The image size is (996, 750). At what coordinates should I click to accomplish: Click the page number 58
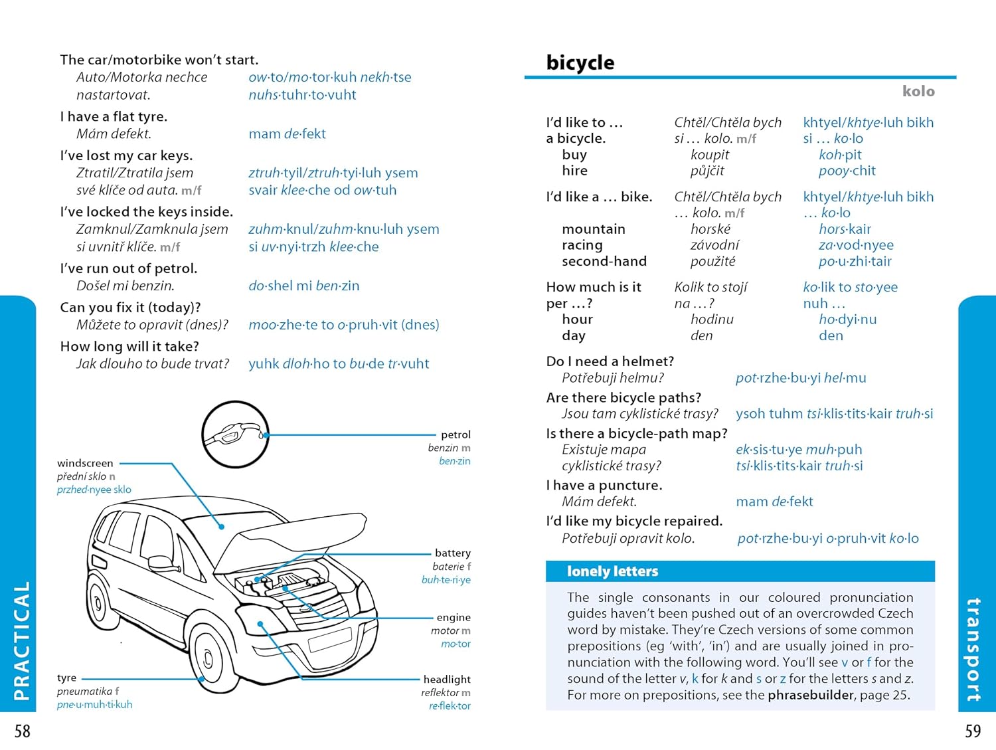pos(23,731)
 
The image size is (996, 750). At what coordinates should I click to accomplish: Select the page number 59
pos(973,731)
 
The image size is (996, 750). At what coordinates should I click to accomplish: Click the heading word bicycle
pos(580,62)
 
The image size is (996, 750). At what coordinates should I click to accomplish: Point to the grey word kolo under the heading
pos(918,91)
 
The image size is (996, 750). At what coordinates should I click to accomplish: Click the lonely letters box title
pos(612,571)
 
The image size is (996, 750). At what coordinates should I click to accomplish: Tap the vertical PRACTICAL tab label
pos(22,640)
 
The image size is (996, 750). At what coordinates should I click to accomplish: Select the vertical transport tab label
pos(973,650)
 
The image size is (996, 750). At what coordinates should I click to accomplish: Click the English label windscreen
pos(85,463)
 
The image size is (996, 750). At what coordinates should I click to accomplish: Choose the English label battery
pos(452,553)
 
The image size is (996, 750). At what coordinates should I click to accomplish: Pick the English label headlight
pos(447,679)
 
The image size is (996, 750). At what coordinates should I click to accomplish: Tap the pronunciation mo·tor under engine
pos(456,644)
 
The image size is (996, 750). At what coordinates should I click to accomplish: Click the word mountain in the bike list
pos(593,229)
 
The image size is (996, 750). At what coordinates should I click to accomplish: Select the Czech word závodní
pos(714,245)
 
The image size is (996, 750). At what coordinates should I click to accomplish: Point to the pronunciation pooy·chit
pos(847,171)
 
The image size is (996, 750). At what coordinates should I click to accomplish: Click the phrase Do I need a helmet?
pos(610,361)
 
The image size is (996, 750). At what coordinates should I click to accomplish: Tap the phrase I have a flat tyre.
pos(114,117)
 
